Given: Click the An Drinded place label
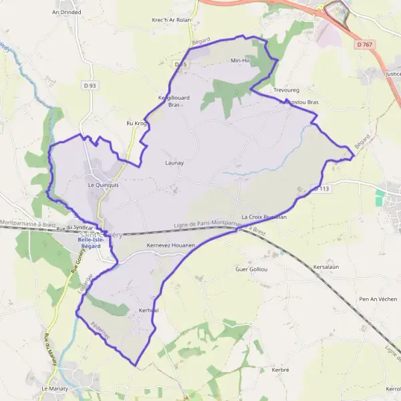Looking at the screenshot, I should pos(66,12).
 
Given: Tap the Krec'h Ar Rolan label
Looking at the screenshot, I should pos(171,20).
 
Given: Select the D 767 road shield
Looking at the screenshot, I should pos(363,44).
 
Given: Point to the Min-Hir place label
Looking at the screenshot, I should pos(239,61).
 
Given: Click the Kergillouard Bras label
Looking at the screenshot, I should pos(174,101).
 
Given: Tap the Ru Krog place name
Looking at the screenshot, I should pos(136,124).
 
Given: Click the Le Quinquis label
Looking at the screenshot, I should pos(103,185).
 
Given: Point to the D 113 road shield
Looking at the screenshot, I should pos(320,189).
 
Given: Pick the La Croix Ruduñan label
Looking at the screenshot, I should pos(264,217).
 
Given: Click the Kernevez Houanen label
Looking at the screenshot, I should pos(170,246).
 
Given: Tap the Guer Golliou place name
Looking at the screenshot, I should pos(251,269).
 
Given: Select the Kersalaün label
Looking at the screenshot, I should pos(327,267).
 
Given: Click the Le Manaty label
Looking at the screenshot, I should pos(55,388).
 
